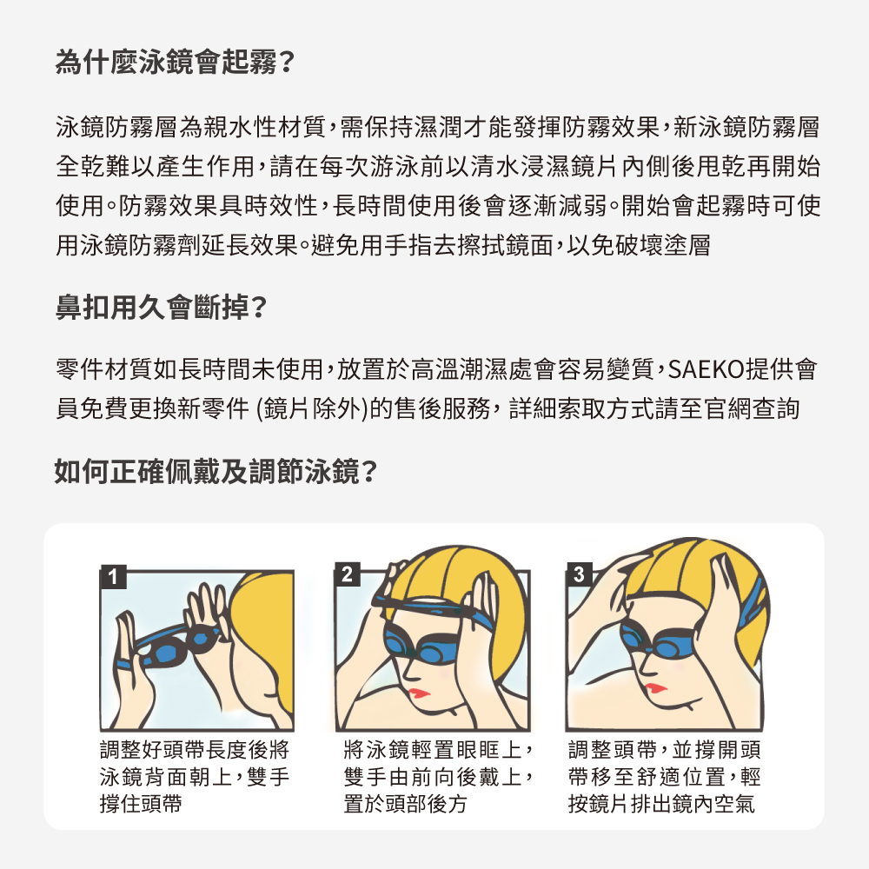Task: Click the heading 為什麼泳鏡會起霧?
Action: coord(175,62)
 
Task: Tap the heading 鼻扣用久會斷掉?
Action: coord(162,307)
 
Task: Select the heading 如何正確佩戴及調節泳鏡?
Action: coord(216,472)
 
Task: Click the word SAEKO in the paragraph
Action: coord(706,369)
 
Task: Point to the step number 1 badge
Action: coord(114,576)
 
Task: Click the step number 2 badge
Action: coord(348,574)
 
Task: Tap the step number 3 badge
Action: coord(579,574)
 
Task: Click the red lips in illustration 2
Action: coord(419,693)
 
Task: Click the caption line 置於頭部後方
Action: coord(405,804)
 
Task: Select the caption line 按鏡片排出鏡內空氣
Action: coord(661,804)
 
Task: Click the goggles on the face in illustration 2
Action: coord(421,647)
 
